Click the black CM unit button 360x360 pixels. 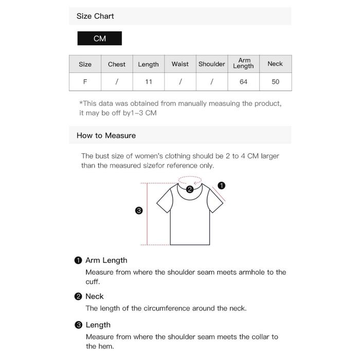pyautogui.click(x=100, y=39)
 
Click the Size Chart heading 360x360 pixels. pyautogui.click(x=95, y=16)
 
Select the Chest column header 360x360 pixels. pyautogui.click(x=117, y=64)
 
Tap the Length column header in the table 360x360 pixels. pyautogui.click(x=148, y=64)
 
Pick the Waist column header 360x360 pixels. pyautogui.click(x=180, y=64)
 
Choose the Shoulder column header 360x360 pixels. pyautogui.click(x=212, y=64)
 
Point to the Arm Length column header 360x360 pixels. pyautogui.click(x=244, y=63)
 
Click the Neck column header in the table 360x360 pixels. pyautogui.click(x=275, y=64)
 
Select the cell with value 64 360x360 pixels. pyautogui.click(x=244, y=82)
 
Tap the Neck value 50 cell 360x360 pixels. pyautogui.click(x=275, y=82)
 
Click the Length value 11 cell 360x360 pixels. pyautogui.click(x=148, y=82)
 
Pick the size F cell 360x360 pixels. pyautogui.click(x=85, y=82)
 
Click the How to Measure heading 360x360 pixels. pyautogui.click(x=106, y=135)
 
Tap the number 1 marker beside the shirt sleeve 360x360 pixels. pyautogui.click(x=222, y=185)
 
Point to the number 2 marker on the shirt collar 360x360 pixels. pyautogui.click(x=190, y=189)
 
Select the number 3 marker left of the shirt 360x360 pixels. pyautogui.click(x=138, y=210)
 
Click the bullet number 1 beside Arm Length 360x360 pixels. pyautogui.click(x=78, y=260)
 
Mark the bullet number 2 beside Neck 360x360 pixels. pyautogui.click(x=78, y=296)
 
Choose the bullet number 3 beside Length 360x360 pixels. pyautogui.click(x=78, y=325)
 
